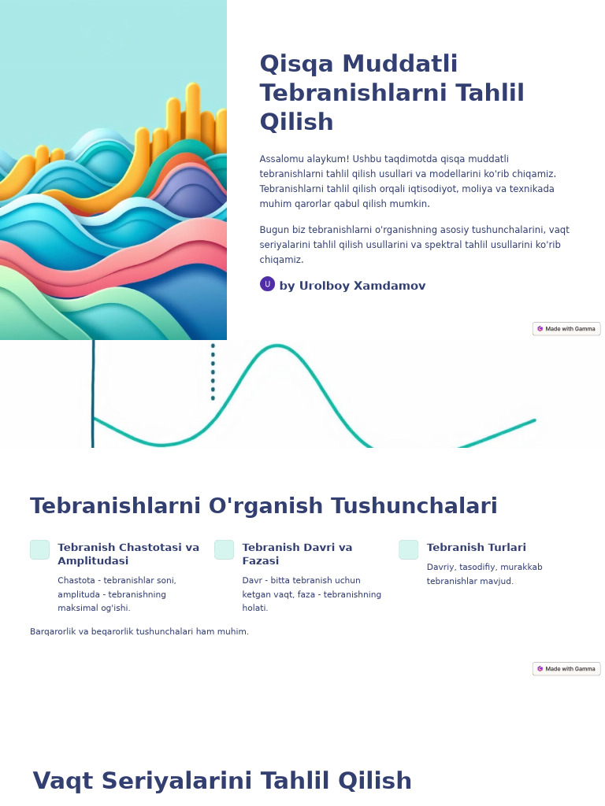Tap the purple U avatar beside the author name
pyautogui.click(x=267, y=284)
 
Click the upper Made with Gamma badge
pyautogui.click(x=566, y=329)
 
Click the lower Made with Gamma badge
pyautogui.click(x=566, y=669)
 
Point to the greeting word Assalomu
pyautogui.click(x=280, y=159)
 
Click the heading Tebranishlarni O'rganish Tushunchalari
pyautogui.click(x=263, y=506)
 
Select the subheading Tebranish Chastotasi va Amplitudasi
pyautogui.click(x=128, y=554)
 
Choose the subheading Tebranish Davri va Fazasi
pyautogui.click(x=297, y=554)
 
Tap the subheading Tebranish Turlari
pyautogui.click(x=476, y=548)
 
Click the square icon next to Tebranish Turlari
pyautogui.click(x=408, y=549)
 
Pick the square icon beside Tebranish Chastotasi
pyautogui.click(x=39, y=549)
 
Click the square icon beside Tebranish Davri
pyautogui.click(x=224, y=549)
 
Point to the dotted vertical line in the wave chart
pyautogui.click(x=213, y=372)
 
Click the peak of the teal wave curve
pyautogui.click(x=277, y=346)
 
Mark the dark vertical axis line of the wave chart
pyautogui.click(x=93, y=394)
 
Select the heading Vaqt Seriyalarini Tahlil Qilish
pyautogui.click(x=222, y=782)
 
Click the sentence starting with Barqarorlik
pyautogui.click(x=139, y=631)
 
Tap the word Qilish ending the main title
pyautogui.click(x=296, y=123)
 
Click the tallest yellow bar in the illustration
pyautogui.click(x=193, y=110)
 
